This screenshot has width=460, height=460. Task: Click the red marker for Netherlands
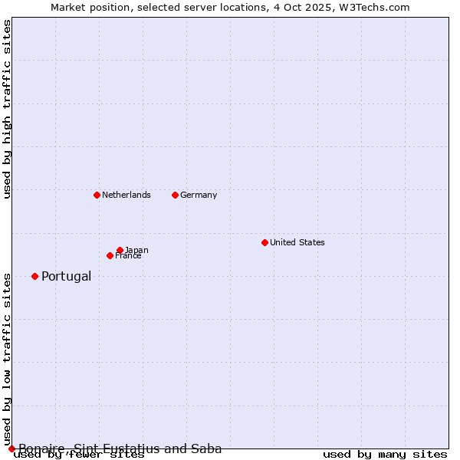97,195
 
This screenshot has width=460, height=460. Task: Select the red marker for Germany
175,195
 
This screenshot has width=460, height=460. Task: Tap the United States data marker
264,242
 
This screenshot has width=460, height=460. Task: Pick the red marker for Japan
120,250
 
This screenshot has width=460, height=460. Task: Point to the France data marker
110,255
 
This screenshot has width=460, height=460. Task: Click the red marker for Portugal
34,276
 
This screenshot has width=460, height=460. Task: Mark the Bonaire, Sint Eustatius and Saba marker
11,449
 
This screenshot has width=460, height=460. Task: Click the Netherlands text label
127,195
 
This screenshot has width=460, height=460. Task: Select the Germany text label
199,195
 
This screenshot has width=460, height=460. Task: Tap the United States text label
297,242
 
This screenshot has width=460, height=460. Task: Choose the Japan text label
137,250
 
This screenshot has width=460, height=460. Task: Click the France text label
129,256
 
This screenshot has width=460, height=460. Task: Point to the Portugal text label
66,276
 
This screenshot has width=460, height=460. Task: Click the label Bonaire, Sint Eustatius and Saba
120,449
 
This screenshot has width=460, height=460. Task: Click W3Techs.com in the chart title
375,7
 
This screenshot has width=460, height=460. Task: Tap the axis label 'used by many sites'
385,455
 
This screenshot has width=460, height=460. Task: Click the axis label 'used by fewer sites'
79,455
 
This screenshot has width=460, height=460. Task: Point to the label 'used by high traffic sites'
7,109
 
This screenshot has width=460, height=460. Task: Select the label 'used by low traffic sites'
7,358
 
